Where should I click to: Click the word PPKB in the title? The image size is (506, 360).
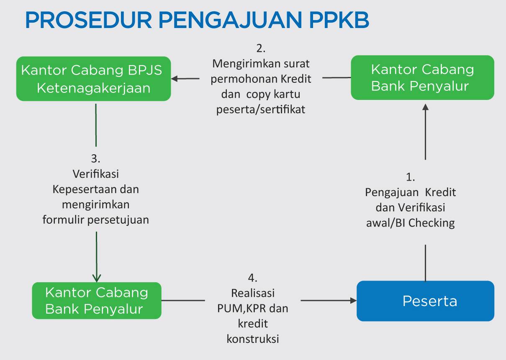click(339, 20)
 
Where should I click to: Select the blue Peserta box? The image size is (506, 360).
click(425, 301)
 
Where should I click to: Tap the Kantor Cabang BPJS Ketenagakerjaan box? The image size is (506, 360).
click(93, 79)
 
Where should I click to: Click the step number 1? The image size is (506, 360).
click(410, 177)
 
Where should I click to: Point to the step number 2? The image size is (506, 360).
click(261, 49)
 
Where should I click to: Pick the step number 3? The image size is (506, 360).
click(95, 158)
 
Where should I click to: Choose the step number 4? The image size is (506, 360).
click(252, 278)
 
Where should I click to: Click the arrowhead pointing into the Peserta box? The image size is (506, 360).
click(354, 300)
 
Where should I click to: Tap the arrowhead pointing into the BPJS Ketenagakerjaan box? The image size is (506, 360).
click(175, 79)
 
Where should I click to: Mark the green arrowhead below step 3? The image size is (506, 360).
click(96, 278)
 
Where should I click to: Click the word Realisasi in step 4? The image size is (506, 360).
click(253, 293)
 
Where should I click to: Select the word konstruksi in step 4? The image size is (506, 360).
click(253, 339)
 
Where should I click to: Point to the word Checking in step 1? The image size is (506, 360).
click(432, 223)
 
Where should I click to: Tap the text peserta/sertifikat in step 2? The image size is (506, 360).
click(261, 110)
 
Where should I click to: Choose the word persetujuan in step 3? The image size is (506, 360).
click(118, 220)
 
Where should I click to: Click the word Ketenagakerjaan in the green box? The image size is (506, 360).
click(93, 88)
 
